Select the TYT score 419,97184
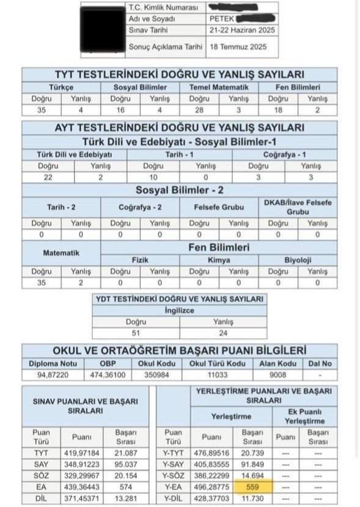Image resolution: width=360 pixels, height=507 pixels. (x=81, y=453)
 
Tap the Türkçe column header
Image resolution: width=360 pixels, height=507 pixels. (x=61, y=87)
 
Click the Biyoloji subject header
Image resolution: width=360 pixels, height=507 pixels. (x=298, y=259)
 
